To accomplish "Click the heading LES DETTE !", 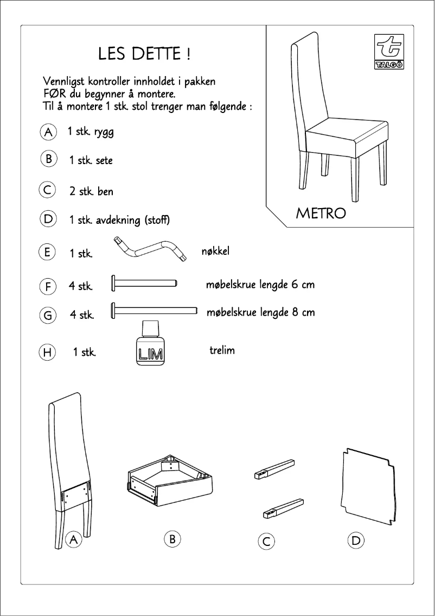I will click(x=144, y=54).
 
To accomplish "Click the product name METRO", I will click(x=321, y=213).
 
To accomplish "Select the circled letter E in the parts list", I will click(x=48, y=253).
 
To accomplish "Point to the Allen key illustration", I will click(x=149, y=249).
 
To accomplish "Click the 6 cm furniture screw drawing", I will click(x=144, y=282).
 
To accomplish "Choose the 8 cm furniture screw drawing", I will click(x=153, y=310).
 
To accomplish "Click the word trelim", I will click(x=222, y=350).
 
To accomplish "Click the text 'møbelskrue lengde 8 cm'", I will click(x=260, y=313).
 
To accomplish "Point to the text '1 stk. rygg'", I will click(x=90, y=132).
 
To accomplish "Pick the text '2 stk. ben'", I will click(x=91, y=192).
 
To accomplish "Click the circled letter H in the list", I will click(x=48, y=352).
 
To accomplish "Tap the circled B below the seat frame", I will click(x=171, y=539).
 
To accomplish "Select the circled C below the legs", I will click(x=266, y=541).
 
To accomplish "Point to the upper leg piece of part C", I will click(x=274, y=469).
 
